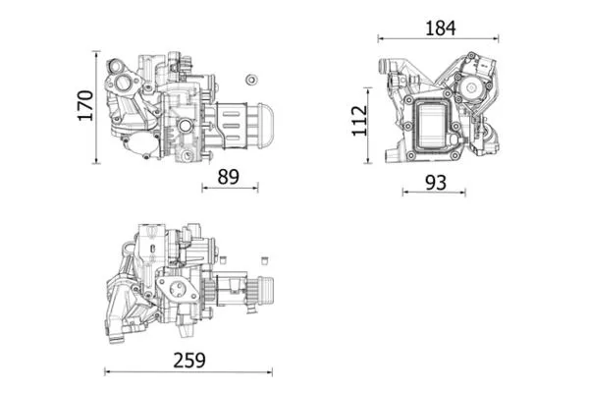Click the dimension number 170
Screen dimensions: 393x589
(83, 105)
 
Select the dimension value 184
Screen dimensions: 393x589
(439, 28)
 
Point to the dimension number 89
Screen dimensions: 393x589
(229, 177)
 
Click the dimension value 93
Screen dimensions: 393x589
(436, 182)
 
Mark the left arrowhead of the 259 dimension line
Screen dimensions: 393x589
(107, 371)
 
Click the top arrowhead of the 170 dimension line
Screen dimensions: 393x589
(97, 50)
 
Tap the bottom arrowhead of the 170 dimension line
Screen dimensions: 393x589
(97, 162)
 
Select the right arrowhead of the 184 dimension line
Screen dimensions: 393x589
(499, 40)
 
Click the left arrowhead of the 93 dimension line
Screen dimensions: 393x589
(404, 193)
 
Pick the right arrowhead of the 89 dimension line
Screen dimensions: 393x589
(256, 188)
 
